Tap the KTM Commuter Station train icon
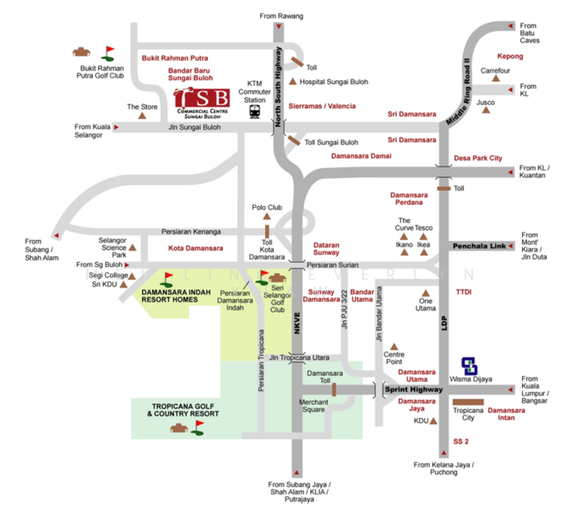pos(254,112)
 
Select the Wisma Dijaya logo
pos(470,366)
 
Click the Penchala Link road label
pos(479,246)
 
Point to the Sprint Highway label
pos(413,390)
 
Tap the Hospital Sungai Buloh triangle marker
pos(292,82)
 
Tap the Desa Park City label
pos(477,158)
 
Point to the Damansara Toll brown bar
pos(334,389)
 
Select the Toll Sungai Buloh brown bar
pos(292,141)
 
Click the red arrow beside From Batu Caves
pos(511,27)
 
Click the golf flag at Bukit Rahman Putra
pos(108,52)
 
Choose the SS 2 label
pos(462,442)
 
